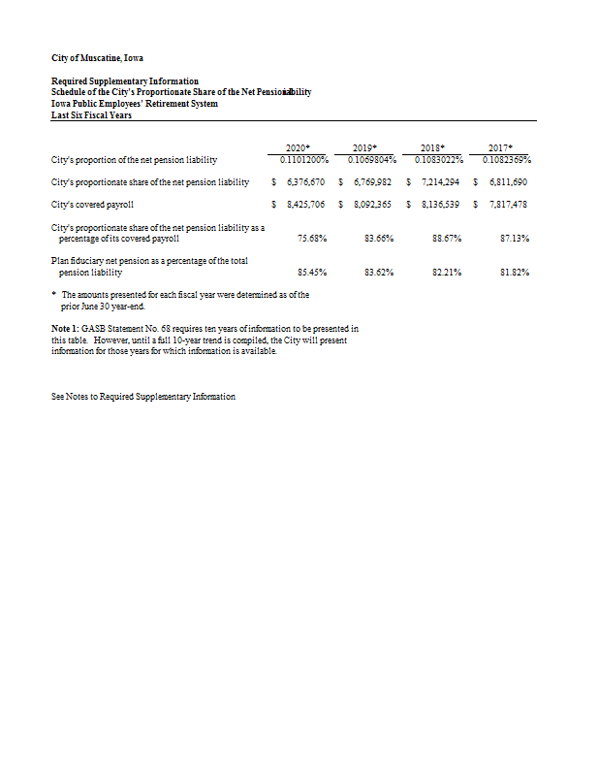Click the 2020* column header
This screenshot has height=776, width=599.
click(299, 147)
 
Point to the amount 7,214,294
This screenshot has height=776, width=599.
click(439, 181)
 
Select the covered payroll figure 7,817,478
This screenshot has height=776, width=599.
click(508, 205)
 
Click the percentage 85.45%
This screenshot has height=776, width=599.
click(311, 273)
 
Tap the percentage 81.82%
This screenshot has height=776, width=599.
click(514, 273)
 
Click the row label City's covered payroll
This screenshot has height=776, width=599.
click(92, 205)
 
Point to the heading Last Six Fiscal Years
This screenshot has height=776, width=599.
click(91, 115)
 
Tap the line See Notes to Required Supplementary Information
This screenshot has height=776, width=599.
click(142, 397)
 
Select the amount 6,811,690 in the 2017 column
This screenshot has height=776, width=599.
click(508, 181)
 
